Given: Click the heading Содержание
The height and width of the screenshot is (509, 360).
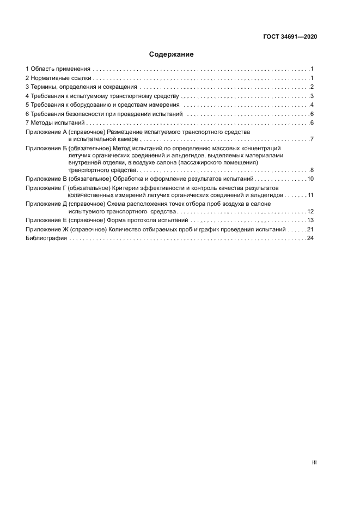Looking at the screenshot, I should click(172, 54).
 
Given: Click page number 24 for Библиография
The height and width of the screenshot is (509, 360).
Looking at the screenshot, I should click(310, 238).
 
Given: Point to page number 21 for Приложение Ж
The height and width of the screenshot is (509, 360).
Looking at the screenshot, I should click(310, 229).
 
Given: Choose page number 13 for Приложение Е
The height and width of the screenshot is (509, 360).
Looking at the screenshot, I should click(310, 220).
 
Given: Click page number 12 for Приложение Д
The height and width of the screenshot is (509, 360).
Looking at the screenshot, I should click(310, 211).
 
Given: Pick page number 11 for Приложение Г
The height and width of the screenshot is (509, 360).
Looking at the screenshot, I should click(310, 194).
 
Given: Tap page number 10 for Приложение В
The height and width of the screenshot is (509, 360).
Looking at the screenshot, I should click(310, 179).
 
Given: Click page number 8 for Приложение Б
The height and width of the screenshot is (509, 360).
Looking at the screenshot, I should click(312, 170).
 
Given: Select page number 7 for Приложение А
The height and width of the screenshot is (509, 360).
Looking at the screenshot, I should click(312, 140).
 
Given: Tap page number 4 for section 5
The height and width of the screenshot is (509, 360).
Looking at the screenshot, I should click(312, 105).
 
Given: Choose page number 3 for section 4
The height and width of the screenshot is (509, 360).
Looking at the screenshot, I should click(312, 96).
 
